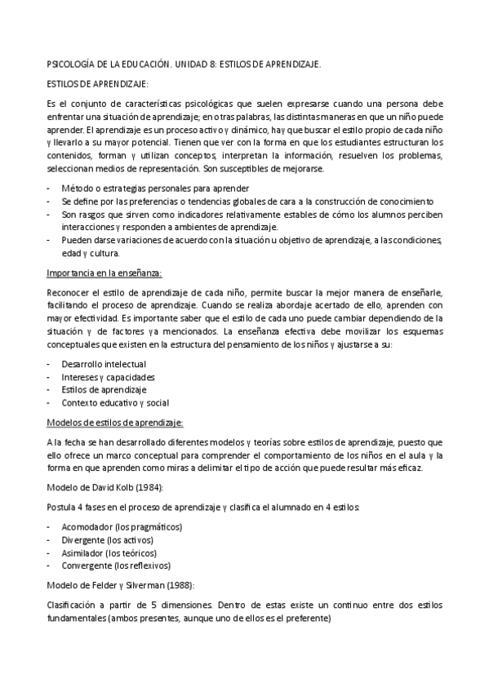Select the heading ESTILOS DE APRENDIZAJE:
pyautogui.click(x=97, y=83)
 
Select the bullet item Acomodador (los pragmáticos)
pyautogui.click(x=122, y=527)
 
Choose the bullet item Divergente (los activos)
pyautogui.click(x=107, y=540)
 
